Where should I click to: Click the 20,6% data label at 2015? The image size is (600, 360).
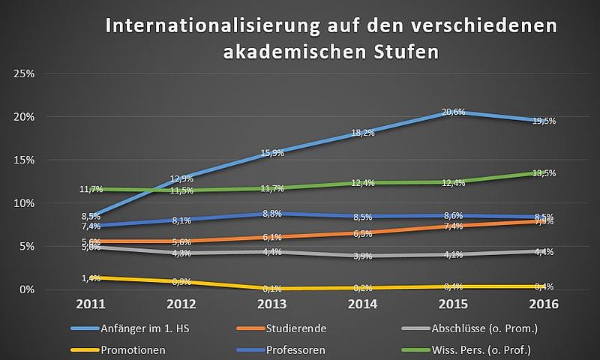pyautogui.click(x=453, y=112)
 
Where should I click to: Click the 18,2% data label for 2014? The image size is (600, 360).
pyautogui.click(x=362, y=133)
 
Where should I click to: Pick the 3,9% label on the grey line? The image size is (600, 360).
pyautogui.click(x=362, y=256)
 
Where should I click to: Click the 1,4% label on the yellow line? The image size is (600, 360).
pyautogui.click(x=91, y=278)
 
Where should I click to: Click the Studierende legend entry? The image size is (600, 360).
pyautogui.click(x=297, y=328)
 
